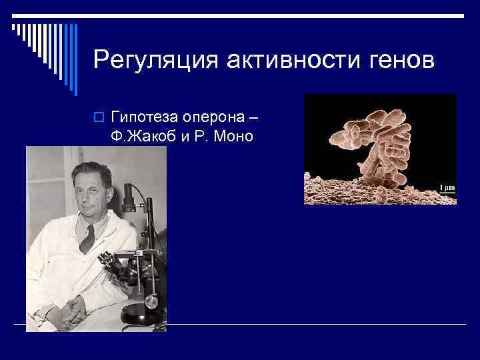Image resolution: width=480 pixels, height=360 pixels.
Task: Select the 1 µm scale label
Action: pyautogui.click(x=446, y=188)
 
